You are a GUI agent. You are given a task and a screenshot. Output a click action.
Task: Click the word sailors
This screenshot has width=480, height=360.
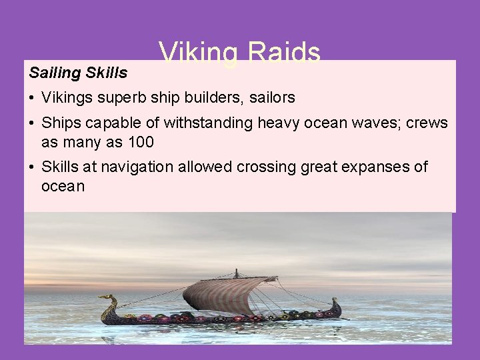273,98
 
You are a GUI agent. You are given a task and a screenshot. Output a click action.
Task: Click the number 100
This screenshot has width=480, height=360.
141,142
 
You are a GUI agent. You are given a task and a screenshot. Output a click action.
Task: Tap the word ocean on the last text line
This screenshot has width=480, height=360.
63,186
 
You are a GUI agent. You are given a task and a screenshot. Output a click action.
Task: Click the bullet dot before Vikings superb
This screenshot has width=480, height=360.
32,99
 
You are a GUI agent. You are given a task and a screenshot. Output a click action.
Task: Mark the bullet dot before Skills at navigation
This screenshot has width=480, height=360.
32,167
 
